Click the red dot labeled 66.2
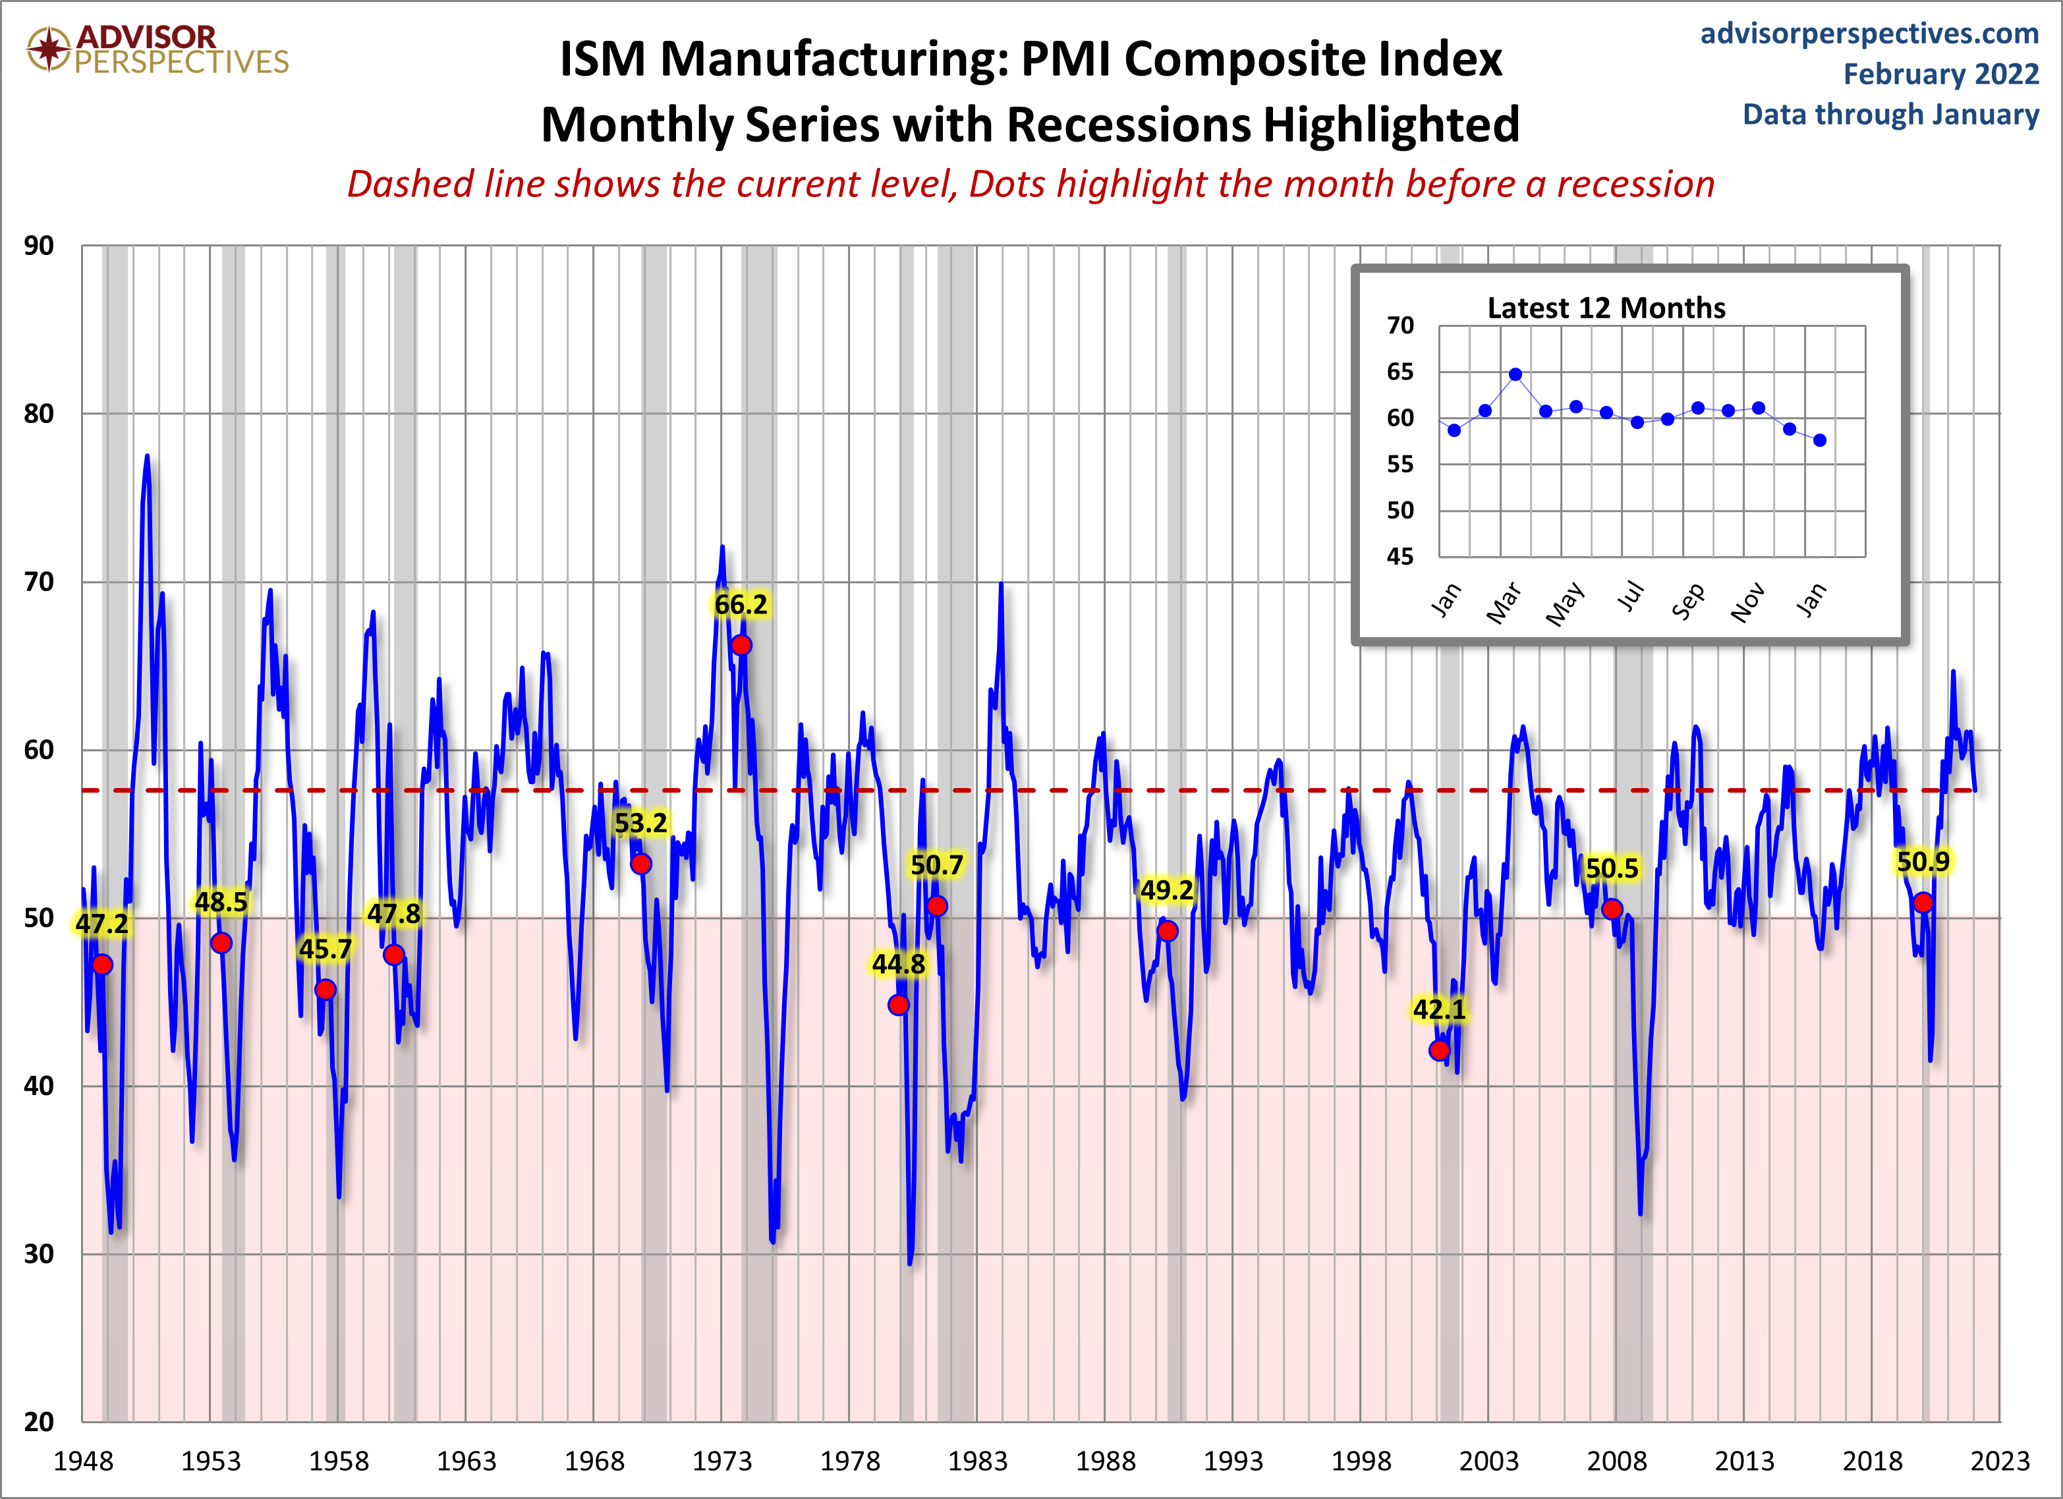tap(741, 645)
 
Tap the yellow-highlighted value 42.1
tap(1439, 1009)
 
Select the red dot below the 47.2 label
tap(102, 964)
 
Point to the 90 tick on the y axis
tap(39, 246)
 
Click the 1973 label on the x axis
tap(721, 1461)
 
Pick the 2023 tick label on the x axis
tap(1999, 1461)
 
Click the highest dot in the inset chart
tap(1515, 374)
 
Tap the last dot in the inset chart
tap(1819, 440)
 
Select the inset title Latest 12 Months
tap(1606, 308)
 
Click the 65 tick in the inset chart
tap(1400, 371)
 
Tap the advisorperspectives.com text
tap(1869, 34)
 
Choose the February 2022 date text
tap(1941, 74)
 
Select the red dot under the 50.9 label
tap(1923, 902)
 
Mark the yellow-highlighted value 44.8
tap(898, 964)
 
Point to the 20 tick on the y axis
tap(39, 1422)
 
